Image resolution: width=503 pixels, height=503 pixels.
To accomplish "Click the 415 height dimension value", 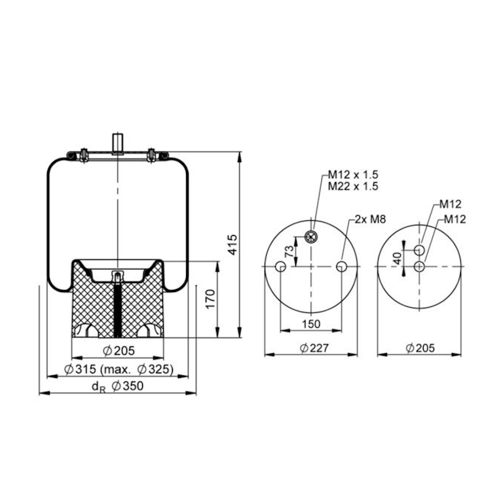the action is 233,244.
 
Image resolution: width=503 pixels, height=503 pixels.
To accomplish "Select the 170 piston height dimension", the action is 210,299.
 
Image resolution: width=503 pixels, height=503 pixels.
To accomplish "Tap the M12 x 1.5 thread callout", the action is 353,174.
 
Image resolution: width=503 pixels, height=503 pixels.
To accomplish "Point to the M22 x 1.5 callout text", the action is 353,186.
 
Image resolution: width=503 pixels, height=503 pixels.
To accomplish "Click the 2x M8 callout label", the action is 370,219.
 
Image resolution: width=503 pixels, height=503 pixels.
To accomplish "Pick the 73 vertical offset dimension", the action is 289,251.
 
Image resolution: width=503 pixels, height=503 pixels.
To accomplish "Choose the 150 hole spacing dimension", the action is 311,324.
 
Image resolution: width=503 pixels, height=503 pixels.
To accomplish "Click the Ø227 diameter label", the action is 314,348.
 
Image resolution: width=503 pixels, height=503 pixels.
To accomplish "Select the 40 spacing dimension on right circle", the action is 398,258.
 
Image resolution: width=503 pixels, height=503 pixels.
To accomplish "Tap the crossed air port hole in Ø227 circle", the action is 310,237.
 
